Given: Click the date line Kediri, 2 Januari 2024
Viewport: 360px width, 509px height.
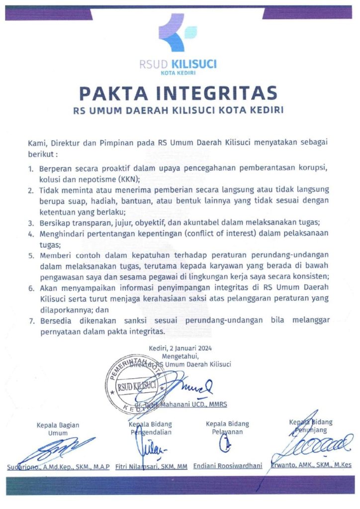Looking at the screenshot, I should coord(180,348).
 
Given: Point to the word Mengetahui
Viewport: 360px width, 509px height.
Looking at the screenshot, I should coord(180,356).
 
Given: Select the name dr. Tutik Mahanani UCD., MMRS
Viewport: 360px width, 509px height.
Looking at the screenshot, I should coord(183,404).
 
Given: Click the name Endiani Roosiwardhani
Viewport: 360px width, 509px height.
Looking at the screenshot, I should coord(228,466).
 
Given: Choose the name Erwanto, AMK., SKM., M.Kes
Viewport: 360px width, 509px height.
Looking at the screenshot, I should coord(310,466).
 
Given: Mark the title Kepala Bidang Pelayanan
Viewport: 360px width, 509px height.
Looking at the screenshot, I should coord(227,428).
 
